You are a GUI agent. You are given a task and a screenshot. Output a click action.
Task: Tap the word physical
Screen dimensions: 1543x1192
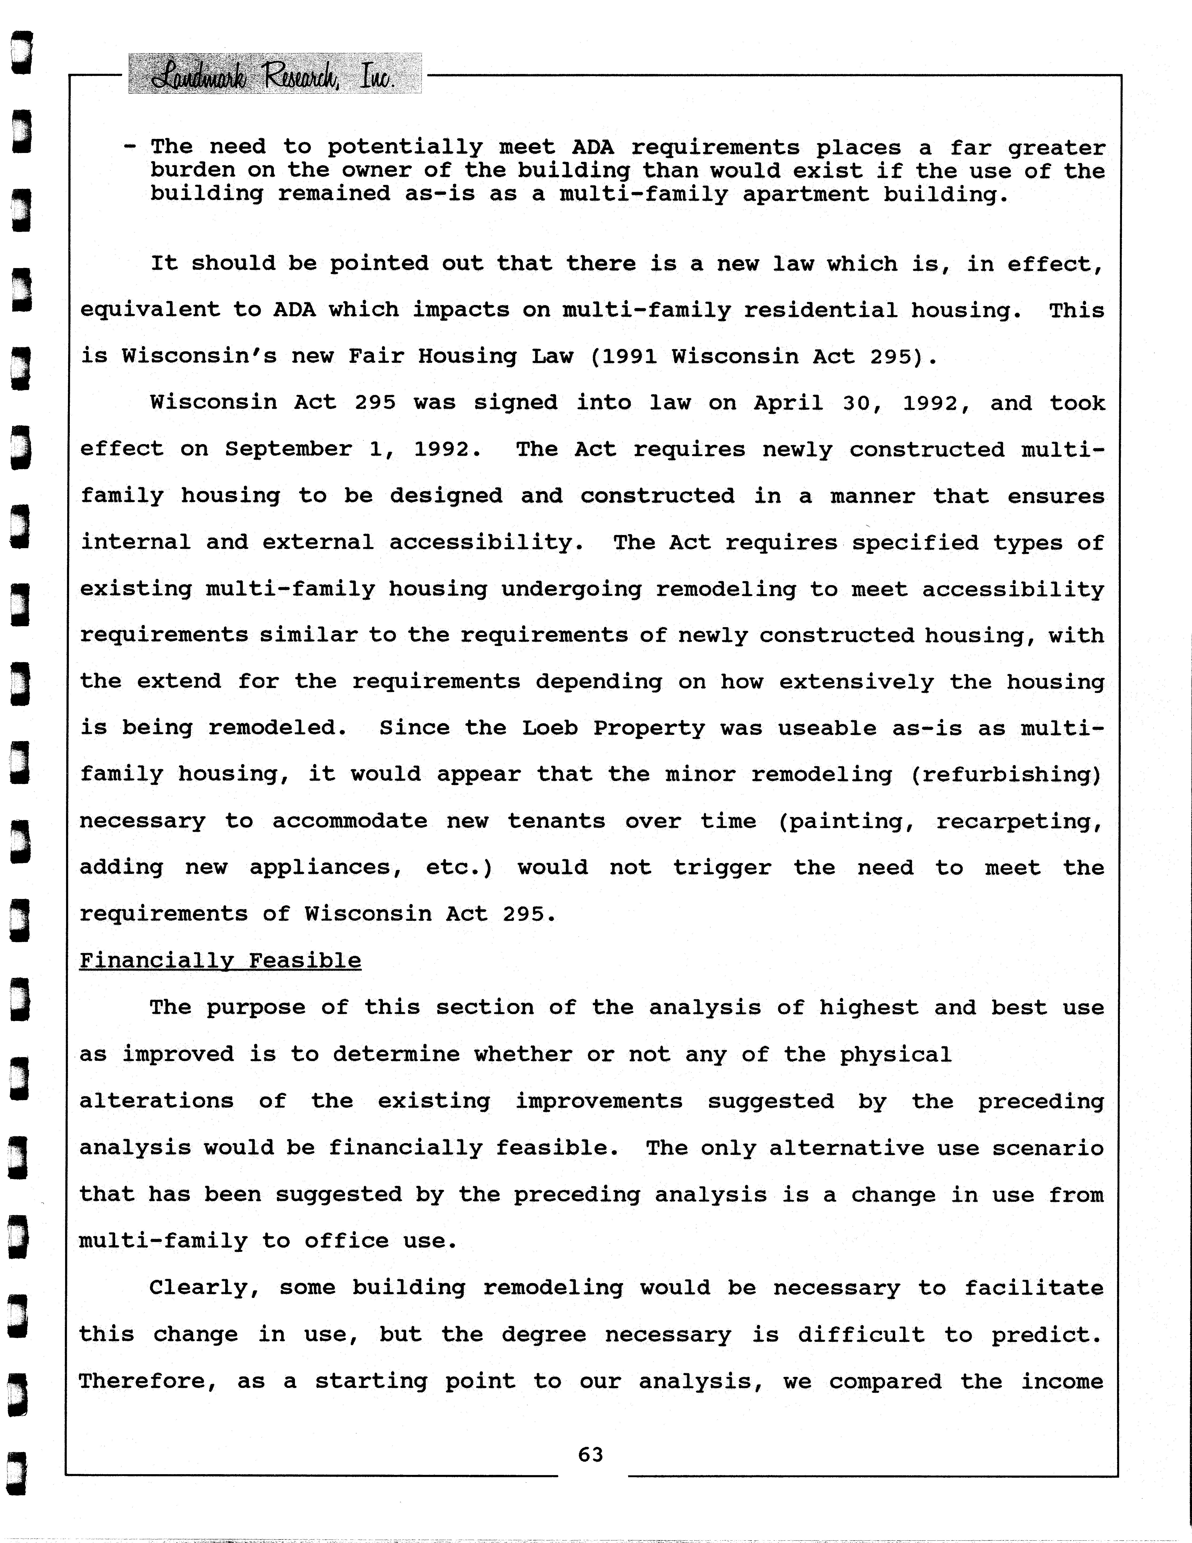[895, 1055]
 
